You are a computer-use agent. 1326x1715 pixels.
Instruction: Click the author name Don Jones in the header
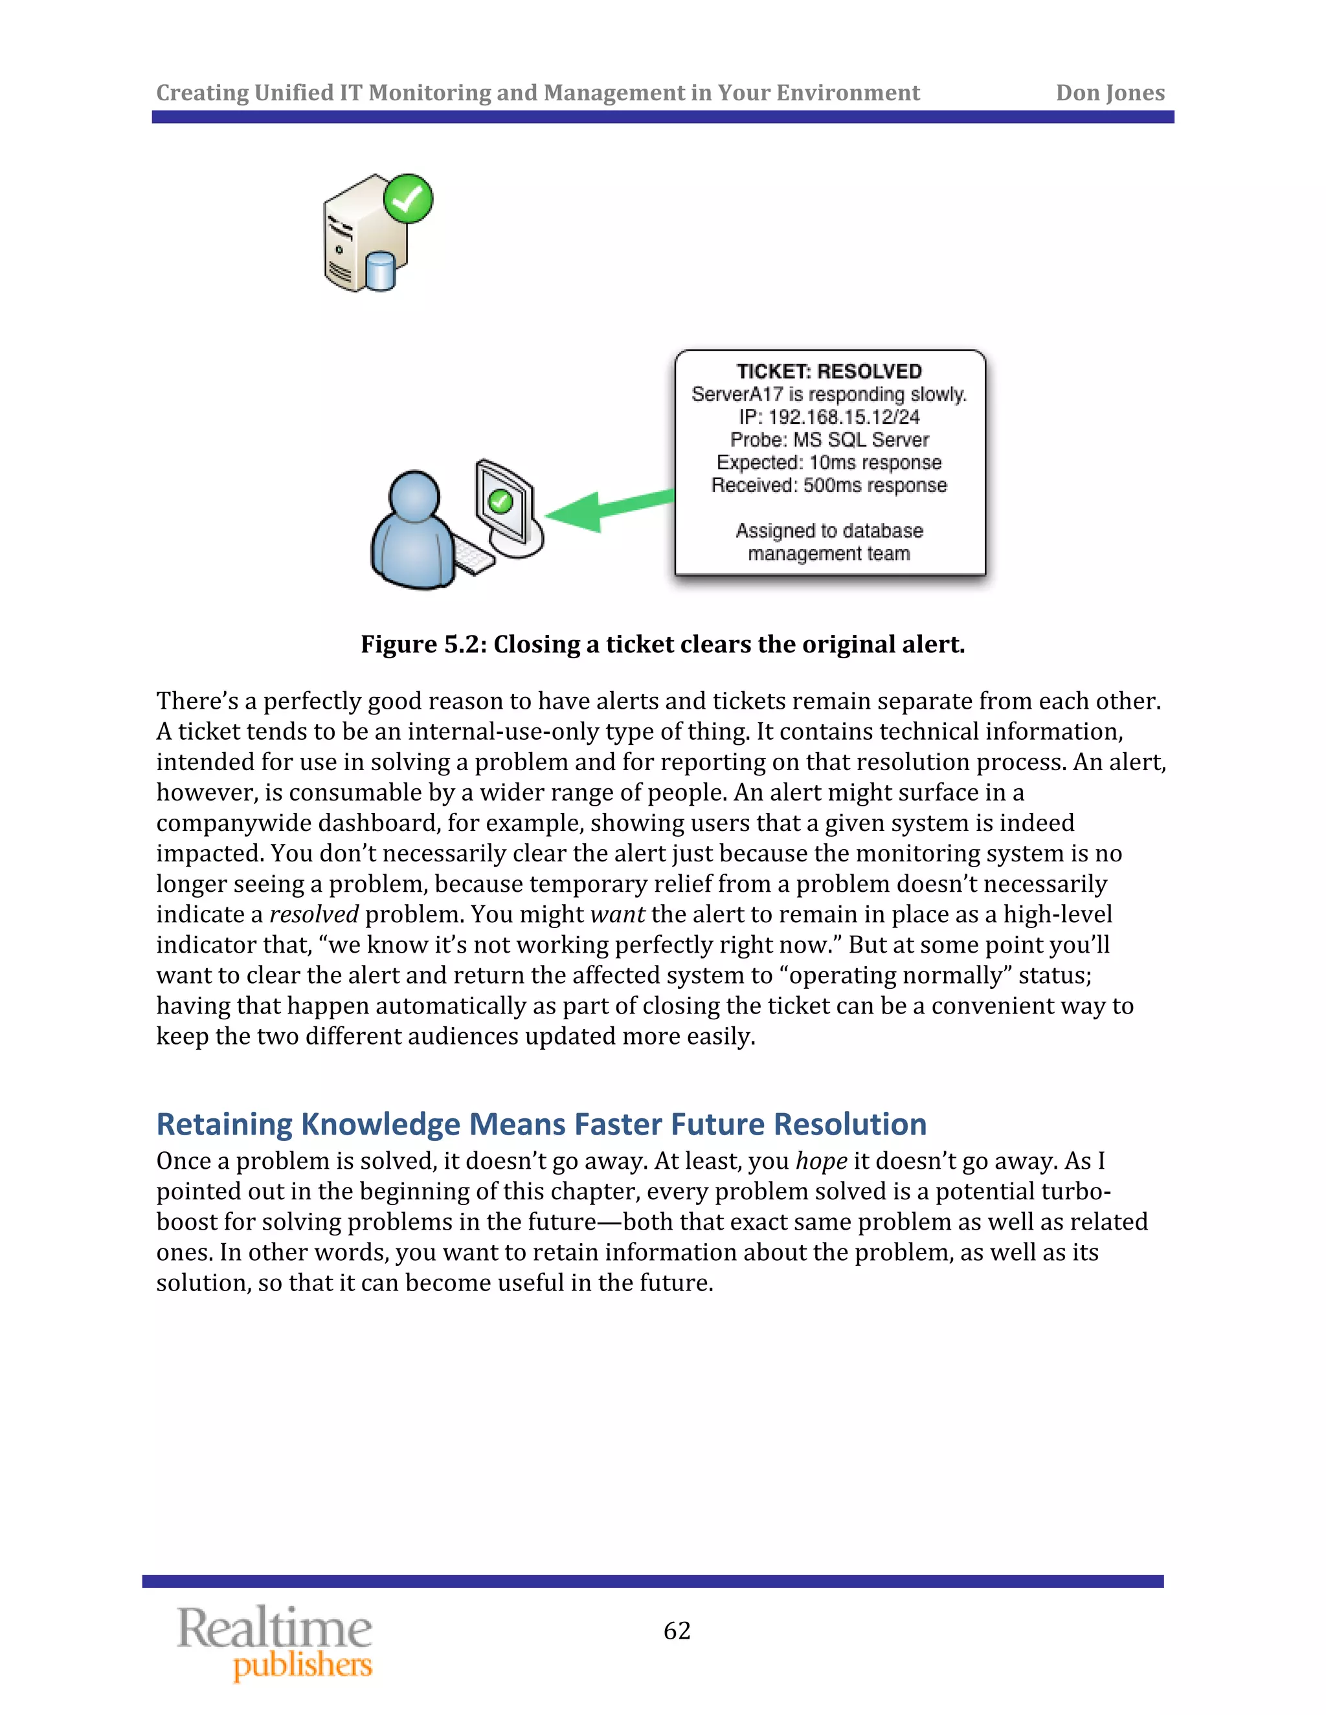tap(1109, 93)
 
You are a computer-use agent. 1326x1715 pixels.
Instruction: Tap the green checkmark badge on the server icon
tap(408, 199)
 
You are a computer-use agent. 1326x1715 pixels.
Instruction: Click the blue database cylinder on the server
tap(380, 271)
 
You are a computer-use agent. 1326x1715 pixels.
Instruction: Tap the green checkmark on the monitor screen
tap(500, 501)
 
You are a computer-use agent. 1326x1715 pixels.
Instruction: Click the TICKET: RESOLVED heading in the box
tap(829, 371)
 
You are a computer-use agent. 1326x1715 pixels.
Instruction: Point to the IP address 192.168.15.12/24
tap(844, 417)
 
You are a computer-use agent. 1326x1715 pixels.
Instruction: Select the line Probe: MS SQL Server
tap(829, 439)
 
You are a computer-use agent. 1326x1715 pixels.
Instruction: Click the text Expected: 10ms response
tap(829, 463)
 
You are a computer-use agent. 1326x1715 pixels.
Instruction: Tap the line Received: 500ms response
tap(829, 485)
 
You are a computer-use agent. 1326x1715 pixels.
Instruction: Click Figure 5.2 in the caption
tap(423, 645)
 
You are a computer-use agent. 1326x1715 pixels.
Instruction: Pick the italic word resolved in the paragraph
tap(313, 914)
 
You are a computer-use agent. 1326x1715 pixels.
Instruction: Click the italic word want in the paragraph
tap(616, 914)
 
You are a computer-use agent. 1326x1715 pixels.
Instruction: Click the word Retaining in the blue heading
tap(224, 1125)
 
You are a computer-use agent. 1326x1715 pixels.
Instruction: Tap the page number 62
tap(677, 1631)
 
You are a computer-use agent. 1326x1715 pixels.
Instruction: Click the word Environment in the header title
tap(848, 93)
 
